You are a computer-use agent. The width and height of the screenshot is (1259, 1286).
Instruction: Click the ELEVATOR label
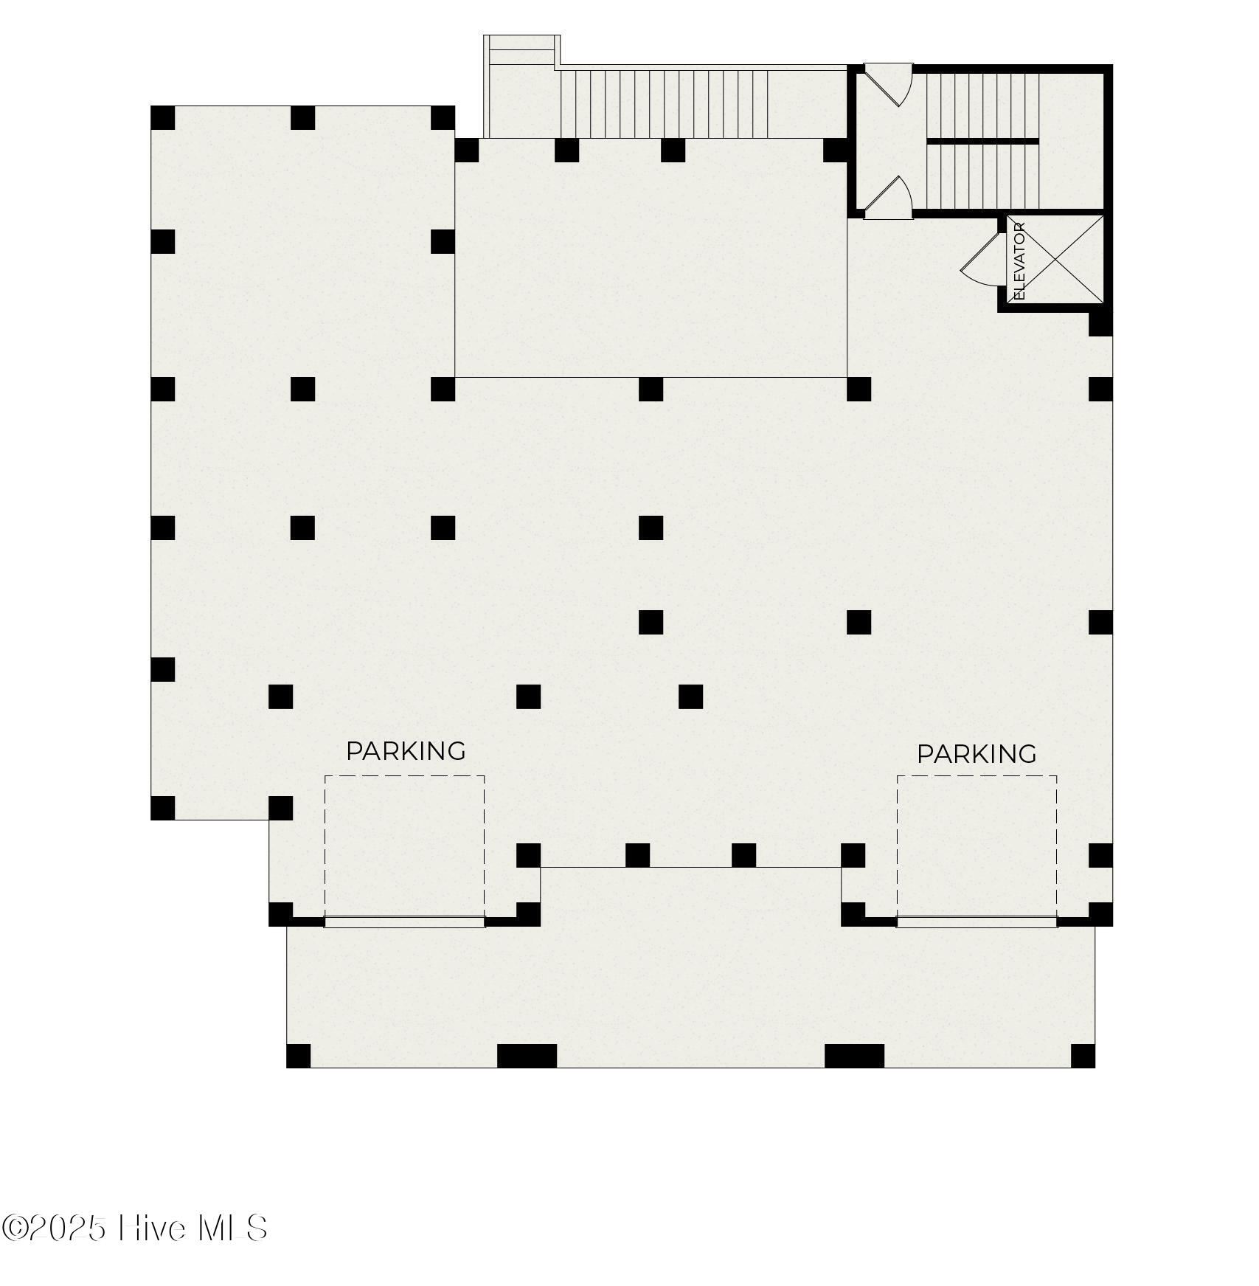click(1020, 261)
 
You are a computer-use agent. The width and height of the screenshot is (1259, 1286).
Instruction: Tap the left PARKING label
click(406, 751)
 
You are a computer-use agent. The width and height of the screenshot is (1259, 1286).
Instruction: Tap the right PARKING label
click(977, 754)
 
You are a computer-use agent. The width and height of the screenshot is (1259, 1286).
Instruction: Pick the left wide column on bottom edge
click(527, 1056)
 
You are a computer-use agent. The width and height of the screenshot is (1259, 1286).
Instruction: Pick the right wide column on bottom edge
click(854, 1056)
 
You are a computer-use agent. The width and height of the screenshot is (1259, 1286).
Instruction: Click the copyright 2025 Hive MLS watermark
click(134, 1228)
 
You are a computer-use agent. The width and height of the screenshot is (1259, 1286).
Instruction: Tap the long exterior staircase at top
click(664, 103)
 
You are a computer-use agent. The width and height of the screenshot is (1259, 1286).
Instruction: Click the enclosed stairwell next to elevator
click(982, 140)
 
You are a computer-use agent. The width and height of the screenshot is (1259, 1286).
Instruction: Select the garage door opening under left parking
click(404, 922)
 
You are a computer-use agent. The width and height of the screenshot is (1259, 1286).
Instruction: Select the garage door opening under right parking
click(977, 922)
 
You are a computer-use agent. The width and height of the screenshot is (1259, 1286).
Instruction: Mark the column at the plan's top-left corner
click(163, 118)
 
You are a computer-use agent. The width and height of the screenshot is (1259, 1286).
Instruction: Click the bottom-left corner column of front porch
click(299, 1056)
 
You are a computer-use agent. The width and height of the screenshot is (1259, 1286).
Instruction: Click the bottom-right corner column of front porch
click(1083, 1056)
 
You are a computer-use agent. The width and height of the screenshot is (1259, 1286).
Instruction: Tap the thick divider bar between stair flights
click(982, 140)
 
